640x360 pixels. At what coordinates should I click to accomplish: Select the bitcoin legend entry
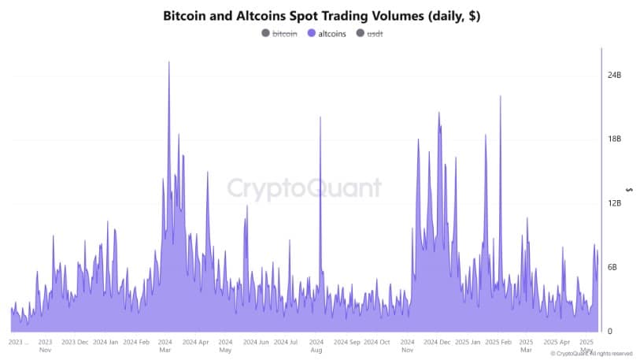[x=284, y=33]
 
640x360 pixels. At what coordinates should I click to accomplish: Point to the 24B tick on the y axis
[x=614, y=76]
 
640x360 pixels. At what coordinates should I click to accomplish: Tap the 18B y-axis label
[x=614, y=139]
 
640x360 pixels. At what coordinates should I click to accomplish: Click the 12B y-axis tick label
[x=614, y=203]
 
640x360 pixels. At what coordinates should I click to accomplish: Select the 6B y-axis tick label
[x=612, y=267]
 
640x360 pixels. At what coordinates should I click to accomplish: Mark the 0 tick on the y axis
[x=609, y=332]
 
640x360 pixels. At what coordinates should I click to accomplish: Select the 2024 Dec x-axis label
[x=436, y=343]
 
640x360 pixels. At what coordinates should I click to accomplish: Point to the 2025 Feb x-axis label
[x=497, y=343]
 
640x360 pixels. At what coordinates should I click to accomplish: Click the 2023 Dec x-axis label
[x=75, y=343]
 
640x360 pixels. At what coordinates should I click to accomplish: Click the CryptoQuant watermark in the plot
[x=305, y=188]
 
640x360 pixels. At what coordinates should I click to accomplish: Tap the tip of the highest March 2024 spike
[x=168, y=62]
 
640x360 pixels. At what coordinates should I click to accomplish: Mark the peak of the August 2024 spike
[x=320, y=117]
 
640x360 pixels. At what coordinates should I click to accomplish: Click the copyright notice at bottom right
[x=591, y=354]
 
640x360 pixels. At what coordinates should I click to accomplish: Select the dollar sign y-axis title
[x=627, y=189]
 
